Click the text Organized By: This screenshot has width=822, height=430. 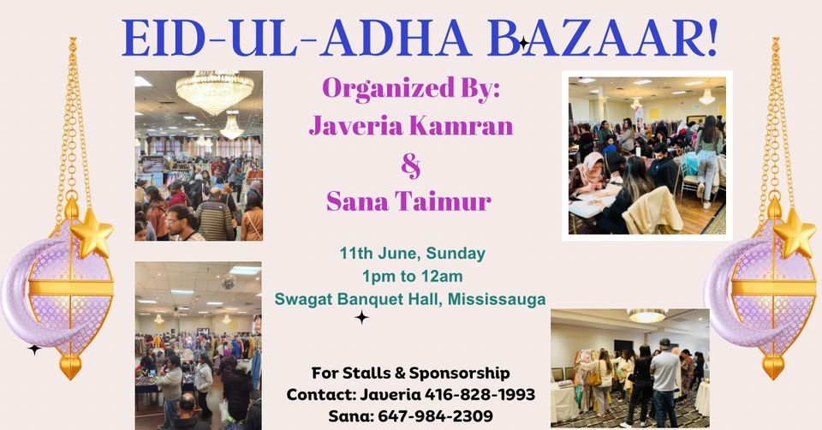coord(403,88)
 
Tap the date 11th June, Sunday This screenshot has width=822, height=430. coord(412,254)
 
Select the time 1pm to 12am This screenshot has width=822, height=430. coord(411,276)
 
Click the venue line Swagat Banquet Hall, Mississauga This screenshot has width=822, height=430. coord(411,298)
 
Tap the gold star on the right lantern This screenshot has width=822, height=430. coord(795,232)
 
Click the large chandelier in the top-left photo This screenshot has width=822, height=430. coord(214,93)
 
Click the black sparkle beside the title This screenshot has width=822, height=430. coord(523,43)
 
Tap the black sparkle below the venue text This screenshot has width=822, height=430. coord(362,318)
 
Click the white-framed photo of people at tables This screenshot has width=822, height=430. coord(646,155)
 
